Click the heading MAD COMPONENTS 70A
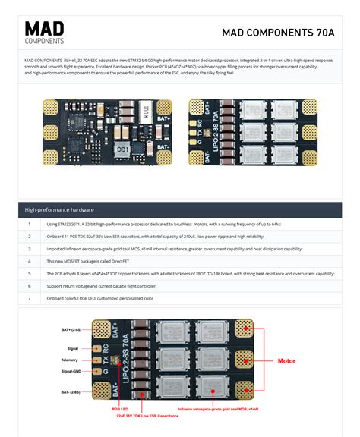pos(278,33)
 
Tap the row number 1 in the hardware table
pos(29,225)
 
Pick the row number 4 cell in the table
pos(29,261)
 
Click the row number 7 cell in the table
pos(29,298)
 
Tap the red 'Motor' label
pos(286,361)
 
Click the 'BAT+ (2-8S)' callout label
pos(71,330)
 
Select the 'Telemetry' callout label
pos(72,359)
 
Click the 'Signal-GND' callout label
pos(71,371)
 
